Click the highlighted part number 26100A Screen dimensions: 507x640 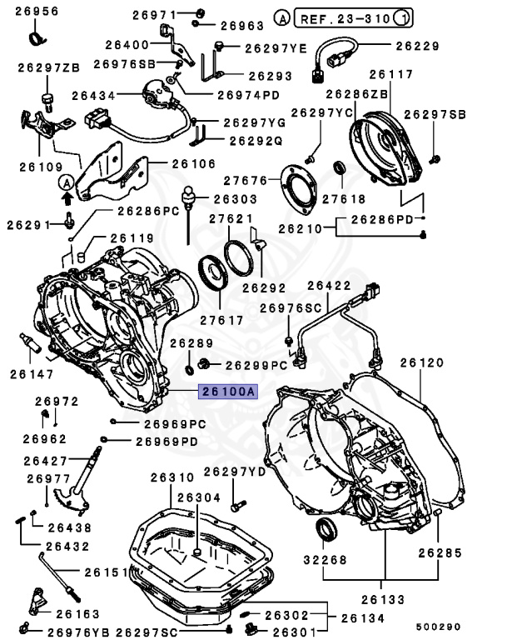(228, 392)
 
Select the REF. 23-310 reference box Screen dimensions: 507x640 (353, 18)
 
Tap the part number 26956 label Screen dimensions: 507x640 (37, 11)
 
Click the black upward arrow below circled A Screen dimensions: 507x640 (67, 198)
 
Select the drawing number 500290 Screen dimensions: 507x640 (438, 627)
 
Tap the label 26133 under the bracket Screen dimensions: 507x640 (383, 600)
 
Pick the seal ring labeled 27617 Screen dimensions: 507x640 (211, 272)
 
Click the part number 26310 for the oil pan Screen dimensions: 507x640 (172, 477)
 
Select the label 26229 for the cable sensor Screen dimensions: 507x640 (417, 46)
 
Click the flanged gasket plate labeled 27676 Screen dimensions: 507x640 (299, 189)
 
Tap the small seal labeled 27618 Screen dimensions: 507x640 (340, 167)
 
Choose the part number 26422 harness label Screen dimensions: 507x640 (329, 285)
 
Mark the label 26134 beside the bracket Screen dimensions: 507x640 (363, 618)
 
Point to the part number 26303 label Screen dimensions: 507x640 (236, 199)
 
